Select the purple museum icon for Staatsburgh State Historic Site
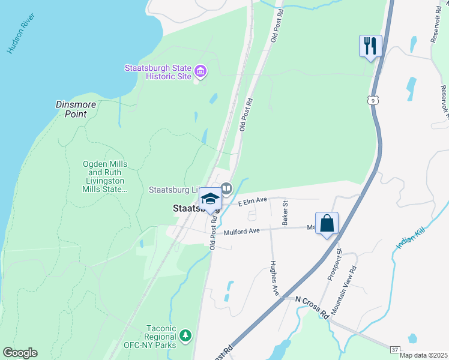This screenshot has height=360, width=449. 200,73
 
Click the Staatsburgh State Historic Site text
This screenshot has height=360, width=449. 158,72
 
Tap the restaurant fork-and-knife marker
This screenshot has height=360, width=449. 370,46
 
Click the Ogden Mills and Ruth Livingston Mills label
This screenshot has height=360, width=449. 105,176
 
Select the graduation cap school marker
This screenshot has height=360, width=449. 210,198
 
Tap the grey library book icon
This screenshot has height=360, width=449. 226,189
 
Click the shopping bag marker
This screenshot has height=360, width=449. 327,224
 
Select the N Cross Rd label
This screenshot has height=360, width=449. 313,307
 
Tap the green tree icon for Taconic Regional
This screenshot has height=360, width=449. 186,334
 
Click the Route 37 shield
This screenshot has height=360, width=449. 393,349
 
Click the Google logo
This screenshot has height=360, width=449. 20,353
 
